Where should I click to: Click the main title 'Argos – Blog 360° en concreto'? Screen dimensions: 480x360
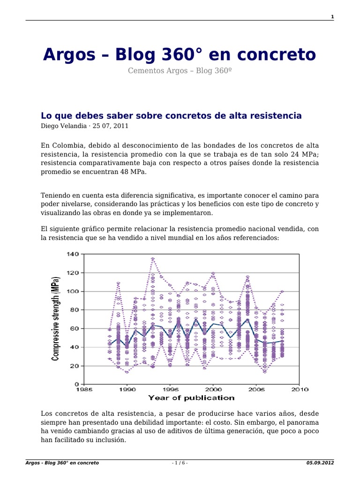pyautogui.click(x=180, y=55)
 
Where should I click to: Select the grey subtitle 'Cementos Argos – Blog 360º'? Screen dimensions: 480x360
pyautogui.click(x=180, y=71)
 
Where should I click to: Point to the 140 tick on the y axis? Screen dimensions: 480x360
pyautogui.click(x=73, y=254)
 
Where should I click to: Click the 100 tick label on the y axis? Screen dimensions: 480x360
pyautogui.click(x=73, y=291)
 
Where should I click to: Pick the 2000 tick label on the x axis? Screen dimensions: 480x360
pyautogui.click(x=213, y=389)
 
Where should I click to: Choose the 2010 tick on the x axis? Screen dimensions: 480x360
pyautogui.click(x=300, y=389)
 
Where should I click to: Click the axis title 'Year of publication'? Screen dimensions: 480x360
pyautogui.click(x=191, y=398)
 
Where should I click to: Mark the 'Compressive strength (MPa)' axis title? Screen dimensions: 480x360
pyautogui.click(x=56, y=319)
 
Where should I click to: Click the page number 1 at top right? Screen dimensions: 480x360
pyautogui.click(x=332, y=17)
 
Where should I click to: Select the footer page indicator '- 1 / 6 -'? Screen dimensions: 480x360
pyautogui.click(x=180, y=463)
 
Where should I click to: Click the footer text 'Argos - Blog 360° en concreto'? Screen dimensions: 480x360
pyautogui.click(x=62, y=463)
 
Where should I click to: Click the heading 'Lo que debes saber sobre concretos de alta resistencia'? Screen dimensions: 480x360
pyautogui.click(x=171, y=115)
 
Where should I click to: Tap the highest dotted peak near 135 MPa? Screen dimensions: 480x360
pyautogui.click(x=153, y=258)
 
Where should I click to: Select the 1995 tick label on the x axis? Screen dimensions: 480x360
pyautogui.click(x=170, y=389)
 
